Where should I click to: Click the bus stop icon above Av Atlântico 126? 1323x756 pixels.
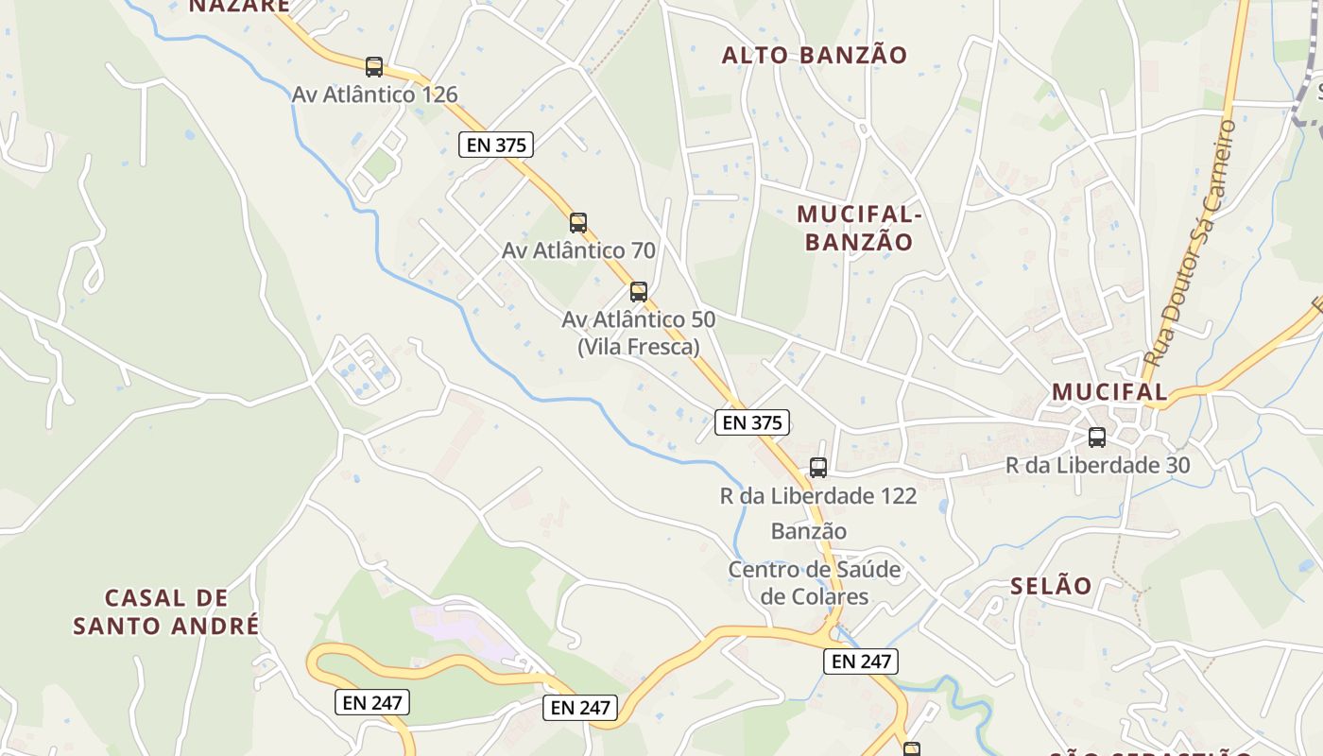[374, 67]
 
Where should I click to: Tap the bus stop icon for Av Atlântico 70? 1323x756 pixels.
[578, 223]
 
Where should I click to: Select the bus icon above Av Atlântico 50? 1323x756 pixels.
[639, 292]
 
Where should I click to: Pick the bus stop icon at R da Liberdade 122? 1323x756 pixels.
[818, 467]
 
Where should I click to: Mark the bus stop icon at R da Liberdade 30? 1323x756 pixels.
[1097, 438]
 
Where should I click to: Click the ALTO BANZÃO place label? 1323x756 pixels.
[814, 55]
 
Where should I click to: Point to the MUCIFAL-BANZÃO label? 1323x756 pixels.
[859, 228]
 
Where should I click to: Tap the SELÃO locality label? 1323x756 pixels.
[1051, 586]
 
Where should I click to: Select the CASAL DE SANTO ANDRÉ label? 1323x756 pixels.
[166, 611]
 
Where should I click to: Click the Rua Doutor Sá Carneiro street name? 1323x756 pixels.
[1190, 244]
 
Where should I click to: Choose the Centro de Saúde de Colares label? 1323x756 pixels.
[815, 583]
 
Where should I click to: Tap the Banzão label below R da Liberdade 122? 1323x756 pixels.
[809, 531]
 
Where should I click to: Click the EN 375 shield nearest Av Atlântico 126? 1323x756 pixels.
[496, 145]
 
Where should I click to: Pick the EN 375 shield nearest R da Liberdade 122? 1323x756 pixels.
[752, 422]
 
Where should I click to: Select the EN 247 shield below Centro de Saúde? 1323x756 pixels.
[861, 661]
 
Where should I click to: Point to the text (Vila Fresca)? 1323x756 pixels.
[639, 347]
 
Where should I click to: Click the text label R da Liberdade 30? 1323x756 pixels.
[1097, 465]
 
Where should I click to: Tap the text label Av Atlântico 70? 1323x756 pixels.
[578, 250]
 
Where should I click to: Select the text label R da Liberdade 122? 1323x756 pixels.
[818, 495]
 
